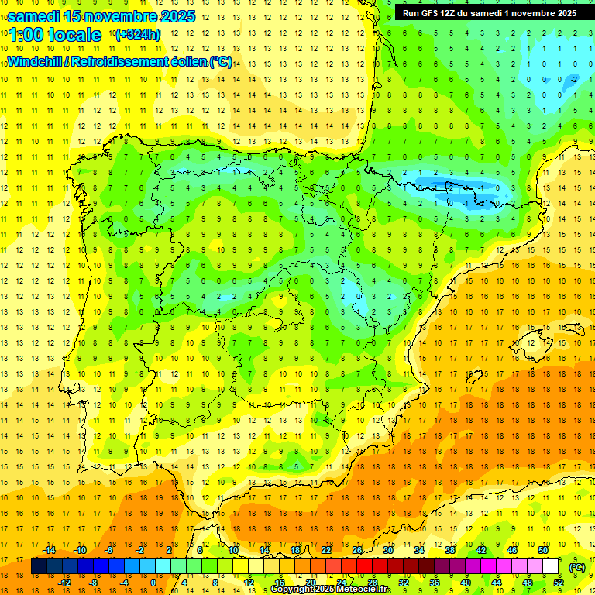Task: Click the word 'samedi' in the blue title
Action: [34, 15]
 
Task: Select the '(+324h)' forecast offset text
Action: [138, 35]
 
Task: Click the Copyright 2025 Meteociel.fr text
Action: [331, 590]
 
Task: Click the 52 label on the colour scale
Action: [559, 583]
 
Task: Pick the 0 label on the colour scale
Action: [153, 583]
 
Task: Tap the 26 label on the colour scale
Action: [356, 550]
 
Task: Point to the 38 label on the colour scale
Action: [449, 550]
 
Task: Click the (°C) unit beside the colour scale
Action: [577, 567]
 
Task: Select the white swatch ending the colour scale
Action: [551, 566]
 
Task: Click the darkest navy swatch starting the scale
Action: [40, 566]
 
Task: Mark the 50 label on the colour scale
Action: [543, 550]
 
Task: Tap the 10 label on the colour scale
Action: [233, 550]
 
